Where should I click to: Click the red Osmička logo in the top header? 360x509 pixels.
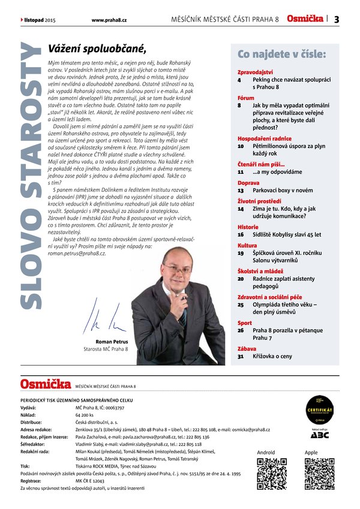304,19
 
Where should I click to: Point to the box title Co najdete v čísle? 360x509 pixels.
281,54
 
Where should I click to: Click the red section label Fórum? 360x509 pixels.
246,97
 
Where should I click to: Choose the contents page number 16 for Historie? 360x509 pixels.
241,236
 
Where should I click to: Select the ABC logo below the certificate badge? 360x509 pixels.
320,435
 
